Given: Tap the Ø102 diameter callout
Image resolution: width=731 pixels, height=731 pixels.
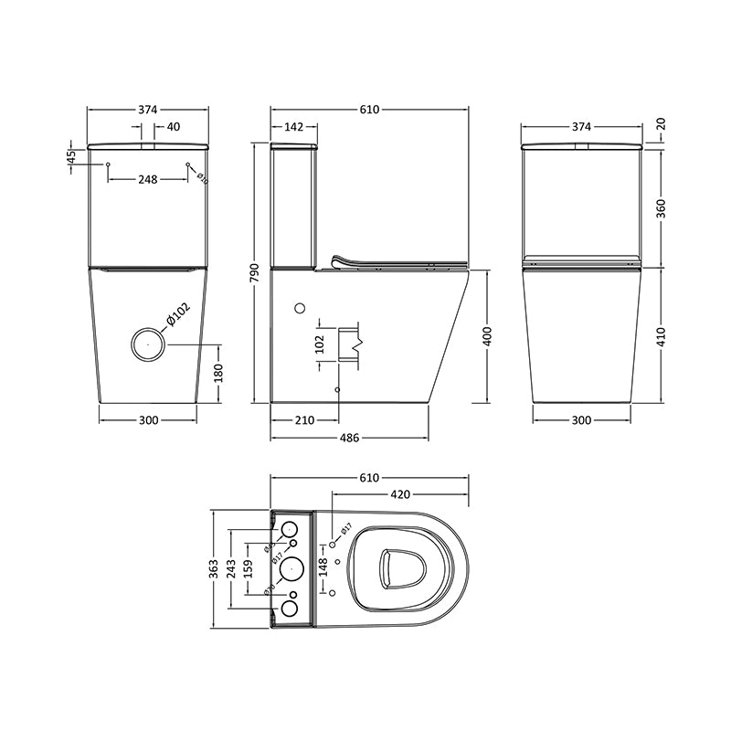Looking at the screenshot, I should (176, 315).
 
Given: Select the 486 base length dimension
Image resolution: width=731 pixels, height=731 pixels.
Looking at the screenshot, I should (349, 438).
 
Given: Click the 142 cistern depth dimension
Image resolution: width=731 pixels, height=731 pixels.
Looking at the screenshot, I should (293, 128).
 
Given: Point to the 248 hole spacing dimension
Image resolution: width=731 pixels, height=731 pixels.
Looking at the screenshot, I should (147, 179).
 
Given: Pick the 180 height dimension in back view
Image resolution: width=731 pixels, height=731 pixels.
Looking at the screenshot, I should (217, 373).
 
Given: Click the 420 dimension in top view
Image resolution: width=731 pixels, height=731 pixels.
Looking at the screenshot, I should (399, 495).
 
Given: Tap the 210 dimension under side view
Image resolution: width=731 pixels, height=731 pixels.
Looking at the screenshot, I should (304, 420).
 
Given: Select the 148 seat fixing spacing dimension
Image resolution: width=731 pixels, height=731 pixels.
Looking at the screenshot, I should (322, 567).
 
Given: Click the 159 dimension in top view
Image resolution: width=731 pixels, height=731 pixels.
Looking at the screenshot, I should (249, 567).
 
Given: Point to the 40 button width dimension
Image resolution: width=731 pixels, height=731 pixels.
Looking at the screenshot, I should (174, 128).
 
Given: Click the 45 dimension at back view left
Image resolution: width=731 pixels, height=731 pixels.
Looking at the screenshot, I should (70, 157).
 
